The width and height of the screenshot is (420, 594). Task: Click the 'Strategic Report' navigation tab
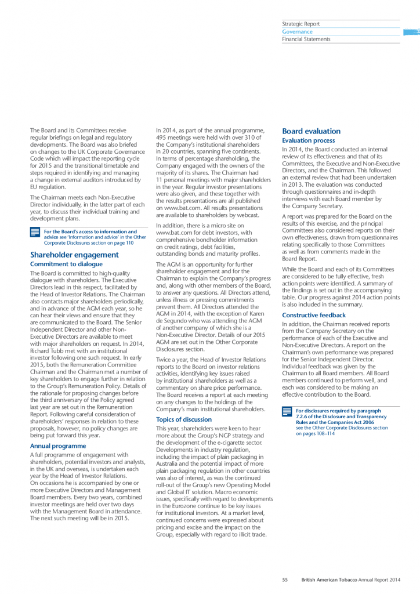tap(300, 24)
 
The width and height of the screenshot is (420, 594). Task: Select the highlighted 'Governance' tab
tap(297, 32)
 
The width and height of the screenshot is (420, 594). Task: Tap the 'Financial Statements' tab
tap(306, 39)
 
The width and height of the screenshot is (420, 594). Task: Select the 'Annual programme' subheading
tap(58, 446)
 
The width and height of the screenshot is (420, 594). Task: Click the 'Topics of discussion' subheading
tap(184, 419)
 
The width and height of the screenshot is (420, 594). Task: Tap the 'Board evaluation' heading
tap(311, 132)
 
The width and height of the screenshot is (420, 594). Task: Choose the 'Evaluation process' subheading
tap(308, 141)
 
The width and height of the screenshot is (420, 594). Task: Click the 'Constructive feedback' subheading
tap(313, 316)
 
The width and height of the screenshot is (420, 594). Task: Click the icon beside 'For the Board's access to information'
tap(35, 233)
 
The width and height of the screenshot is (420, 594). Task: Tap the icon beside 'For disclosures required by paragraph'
tap(287, 412)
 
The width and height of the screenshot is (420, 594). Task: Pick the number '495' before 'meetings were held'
tap(162, 137)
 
